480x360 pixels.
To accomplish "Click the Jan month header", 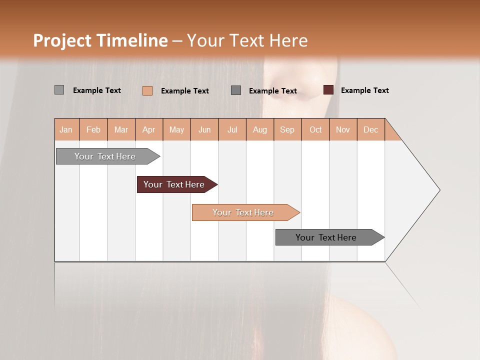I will [x=66, y=130].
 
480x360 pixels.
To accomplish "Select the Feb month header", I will [x=93, y=130].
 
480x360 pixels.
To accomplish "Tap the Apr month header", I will [x=149, y=130].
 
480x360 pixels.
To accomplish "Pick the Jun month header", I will [x=204, y=130].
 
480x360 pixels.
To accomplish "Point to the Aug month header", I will [x=260, y=130].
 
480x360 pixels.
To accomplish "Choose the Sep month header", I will [x=287, y=130].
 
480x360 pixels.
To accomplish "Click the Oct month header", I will [x=315, y=130].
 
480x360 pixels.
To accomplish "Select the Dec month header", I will [x=371, y=130].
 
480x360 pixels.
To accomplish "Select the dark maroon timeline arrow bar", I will [x=175, y=184].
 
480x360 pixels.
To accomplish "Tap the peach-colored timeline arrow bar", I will [x=243, y=212].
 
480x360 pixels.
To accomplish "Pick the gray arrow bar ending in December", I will [x=327, y=237].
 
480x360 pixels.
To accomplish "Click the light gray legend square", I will [x=59, y=90].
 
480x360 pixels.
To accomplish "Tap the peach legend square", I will [x=147, y=90].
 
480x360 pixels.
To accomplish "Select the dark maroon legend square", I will [x=328, y=90].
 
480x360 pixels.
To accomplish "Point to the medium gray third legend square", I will [x=236, y=90].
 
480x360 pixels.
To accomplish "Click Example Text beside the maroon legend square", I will [x=364, y=90].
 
